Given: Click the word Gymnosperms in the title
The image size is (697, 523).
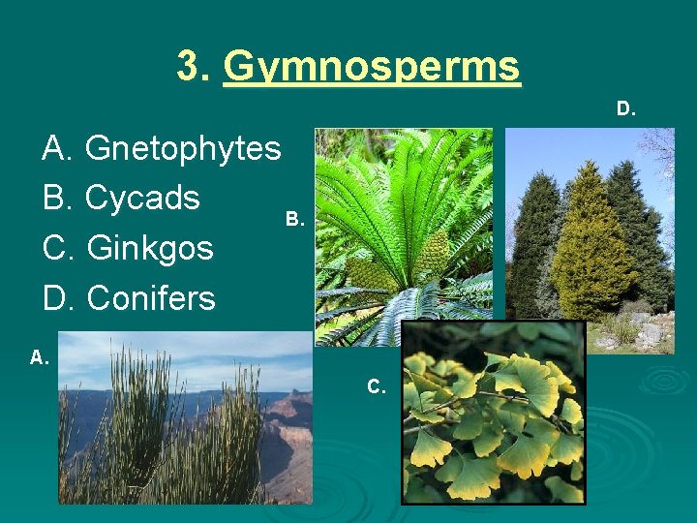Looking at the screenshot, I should click(x=372, y=68).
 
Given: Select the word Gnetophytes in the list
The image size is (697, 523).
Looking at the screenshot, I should click(x=183, y=149).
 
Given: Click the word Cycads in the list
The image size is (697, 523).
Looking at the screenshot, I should click(x=142, y=199).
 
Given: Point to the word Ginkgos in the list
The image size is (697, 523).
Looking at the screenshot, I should click(x=150, y=248).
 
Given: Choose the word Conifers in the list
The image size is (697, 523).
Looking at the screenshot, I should click(x=151, y=297).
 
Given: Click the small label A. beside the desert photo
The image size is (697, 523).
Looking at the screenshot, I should click(x=40, y=357).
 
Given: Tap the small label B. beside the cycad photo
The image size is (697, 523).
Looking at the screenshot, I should click(x=296, y=220).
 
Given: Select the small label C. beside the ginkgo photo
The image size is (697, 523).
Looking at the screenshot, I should click(x=377, y=386).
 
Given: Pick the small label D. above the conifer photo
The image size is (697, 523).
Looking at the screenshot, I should click(x=626, y=108).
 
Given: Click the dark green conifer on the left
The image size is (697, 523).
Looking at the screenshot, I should click(x=533, y=242).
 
